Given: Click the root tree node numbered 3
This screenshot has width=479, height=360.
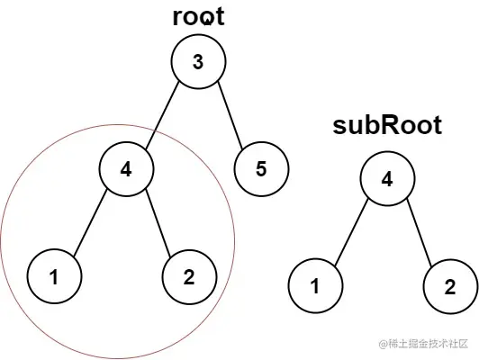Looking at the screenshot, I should (x=197, y=61).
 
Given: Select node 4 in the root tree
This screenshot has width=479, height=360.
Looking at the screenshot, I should (x=127, y=168).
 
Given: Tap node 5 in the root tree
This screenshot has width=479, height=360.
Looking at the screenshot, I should (x=262, y=168).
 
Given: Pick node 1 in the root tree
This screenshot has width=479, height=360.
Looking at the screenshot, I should (x=55, y=275).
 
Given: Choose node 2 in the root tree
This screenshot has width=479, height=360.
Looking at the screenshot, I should (x=189, y=275).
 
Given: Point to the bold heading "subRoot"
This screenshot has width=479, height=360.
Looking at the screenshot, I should (x=387, y=125).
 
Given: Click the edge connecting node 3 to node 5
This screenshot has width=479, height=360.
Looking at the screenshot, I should (x=229, y=113).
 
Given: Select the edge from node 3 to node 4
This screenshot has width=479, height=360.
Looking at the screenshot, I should (x=163, y=113).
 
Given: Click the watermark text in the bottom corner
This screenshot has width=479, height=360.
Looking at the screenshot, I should (x=423, y=344).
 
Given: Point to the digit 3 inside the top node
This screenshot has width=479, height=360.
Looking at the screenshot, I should (x=197, y=61).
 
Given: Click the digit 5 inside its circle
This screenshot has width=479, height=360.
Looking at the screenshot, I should (x=262, y=168).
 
